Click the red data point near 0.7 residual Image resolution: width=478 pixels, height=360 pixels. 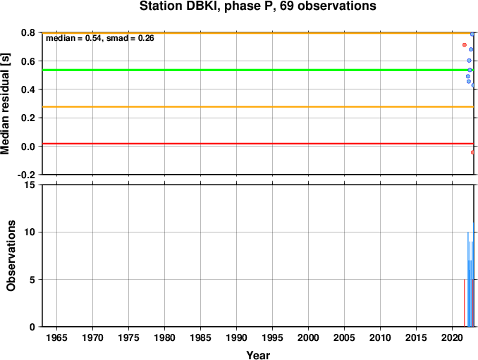(x=465, y=45)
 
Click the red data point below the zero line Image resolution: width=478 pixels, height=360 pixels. (x=472, y=152)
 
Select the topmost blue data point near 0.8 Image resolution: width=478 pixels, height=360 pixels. (x=472, y=35)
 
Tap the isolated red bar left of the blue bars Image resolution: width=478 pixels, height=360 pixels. (x=465, y=303)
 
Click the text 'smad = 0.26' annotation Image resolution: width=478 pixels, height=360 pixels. (x=130, y=38)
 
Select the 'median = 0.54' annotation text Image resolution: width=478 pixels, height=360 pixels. (x=73, y=38)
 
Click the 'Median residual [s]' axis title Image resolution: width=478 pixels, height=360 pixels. (x=6, y=104)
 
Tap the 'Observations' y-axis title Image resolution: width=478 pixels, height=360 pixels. (x=11, y=255)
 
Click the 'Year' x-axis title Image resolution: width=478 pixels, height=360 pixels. (x=258, y=355)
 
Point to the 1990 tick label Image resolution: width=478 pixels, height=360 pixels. (x=237, y=337)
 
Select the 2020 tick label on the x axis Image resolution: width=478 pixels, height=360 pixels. (x=453, y=337)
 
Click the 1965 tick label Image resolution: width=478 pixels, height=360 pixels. (x=56, y=337)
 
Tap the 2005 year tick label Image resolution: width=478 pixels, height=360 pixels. (x=345, y=337)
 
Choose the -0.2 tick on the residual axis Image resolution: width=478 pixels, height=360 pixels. (x=26, y=175)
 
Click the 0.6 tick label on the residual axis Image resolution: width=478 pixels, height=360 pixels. (x=28, y=61)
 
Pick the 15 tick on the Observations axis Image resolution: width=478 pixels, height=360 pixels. (x=30, y=185)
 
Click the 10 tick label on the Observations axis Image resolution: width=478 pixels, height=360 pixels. (x=30, y=232)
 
